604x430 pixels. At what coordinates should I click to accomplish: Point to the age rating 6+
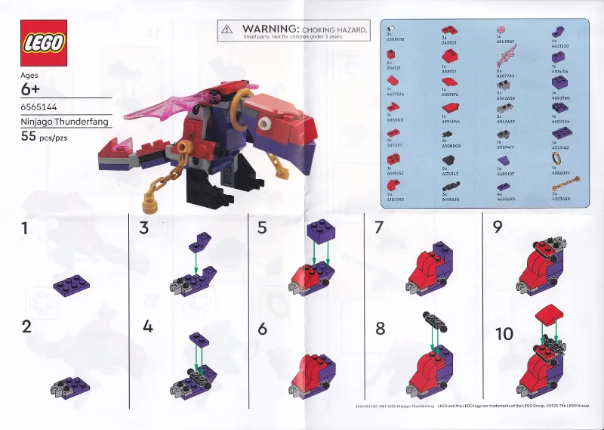(x=34, y=89)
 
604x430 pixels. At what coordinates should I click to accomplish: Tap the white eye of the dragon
(x=263, y=123)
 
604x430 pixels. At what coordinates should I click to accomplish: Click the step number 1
(x=25, y=228)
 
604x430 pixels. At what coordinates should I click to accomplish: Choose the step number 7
(x=378, y=228)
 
